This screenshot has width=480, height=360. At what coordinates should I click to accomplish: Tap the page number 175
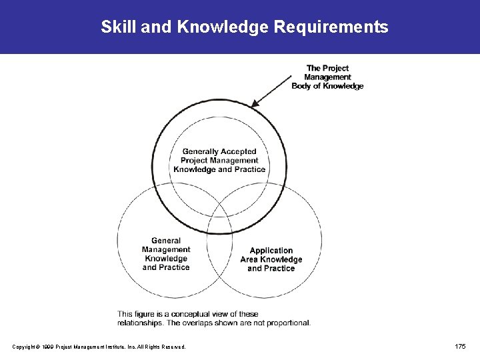[460, 346]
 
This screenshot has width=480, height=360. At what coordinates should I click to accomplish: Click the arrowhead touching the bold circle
[255, 103]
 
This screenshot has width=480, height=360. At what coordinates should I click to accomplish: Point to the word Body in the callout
[303, 86]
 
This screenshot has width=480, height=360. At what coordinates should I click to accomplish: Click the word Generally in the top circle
[201, 151]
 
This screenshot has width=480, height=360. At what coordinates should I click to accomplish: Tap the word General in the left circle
[166, 241]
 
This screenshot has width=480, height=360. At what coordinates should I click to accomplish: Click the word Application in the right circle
[271, 251]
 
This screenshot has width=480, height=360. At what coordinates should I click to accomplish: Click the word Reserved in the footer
[171, 347]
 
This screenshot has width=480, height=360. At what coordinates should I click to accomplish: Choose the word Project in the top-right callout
[336, 68]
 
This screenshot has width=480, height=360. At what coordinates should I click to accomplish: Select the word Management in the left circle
[166, 250]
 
